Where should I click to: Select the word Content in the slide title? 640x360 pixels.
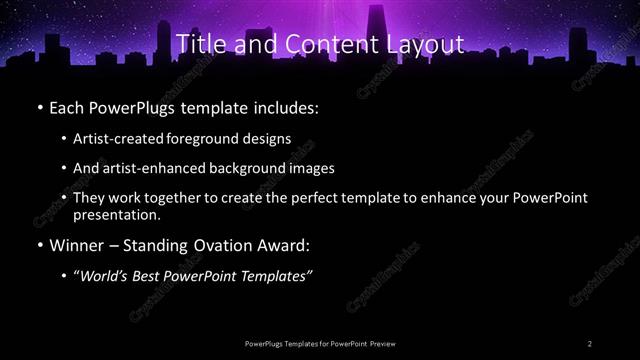[318, 44]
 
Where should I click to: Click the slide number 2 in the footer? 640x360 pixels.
[591, 343]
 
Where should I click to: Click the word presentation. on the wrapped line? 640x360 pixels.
[117, 214]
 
